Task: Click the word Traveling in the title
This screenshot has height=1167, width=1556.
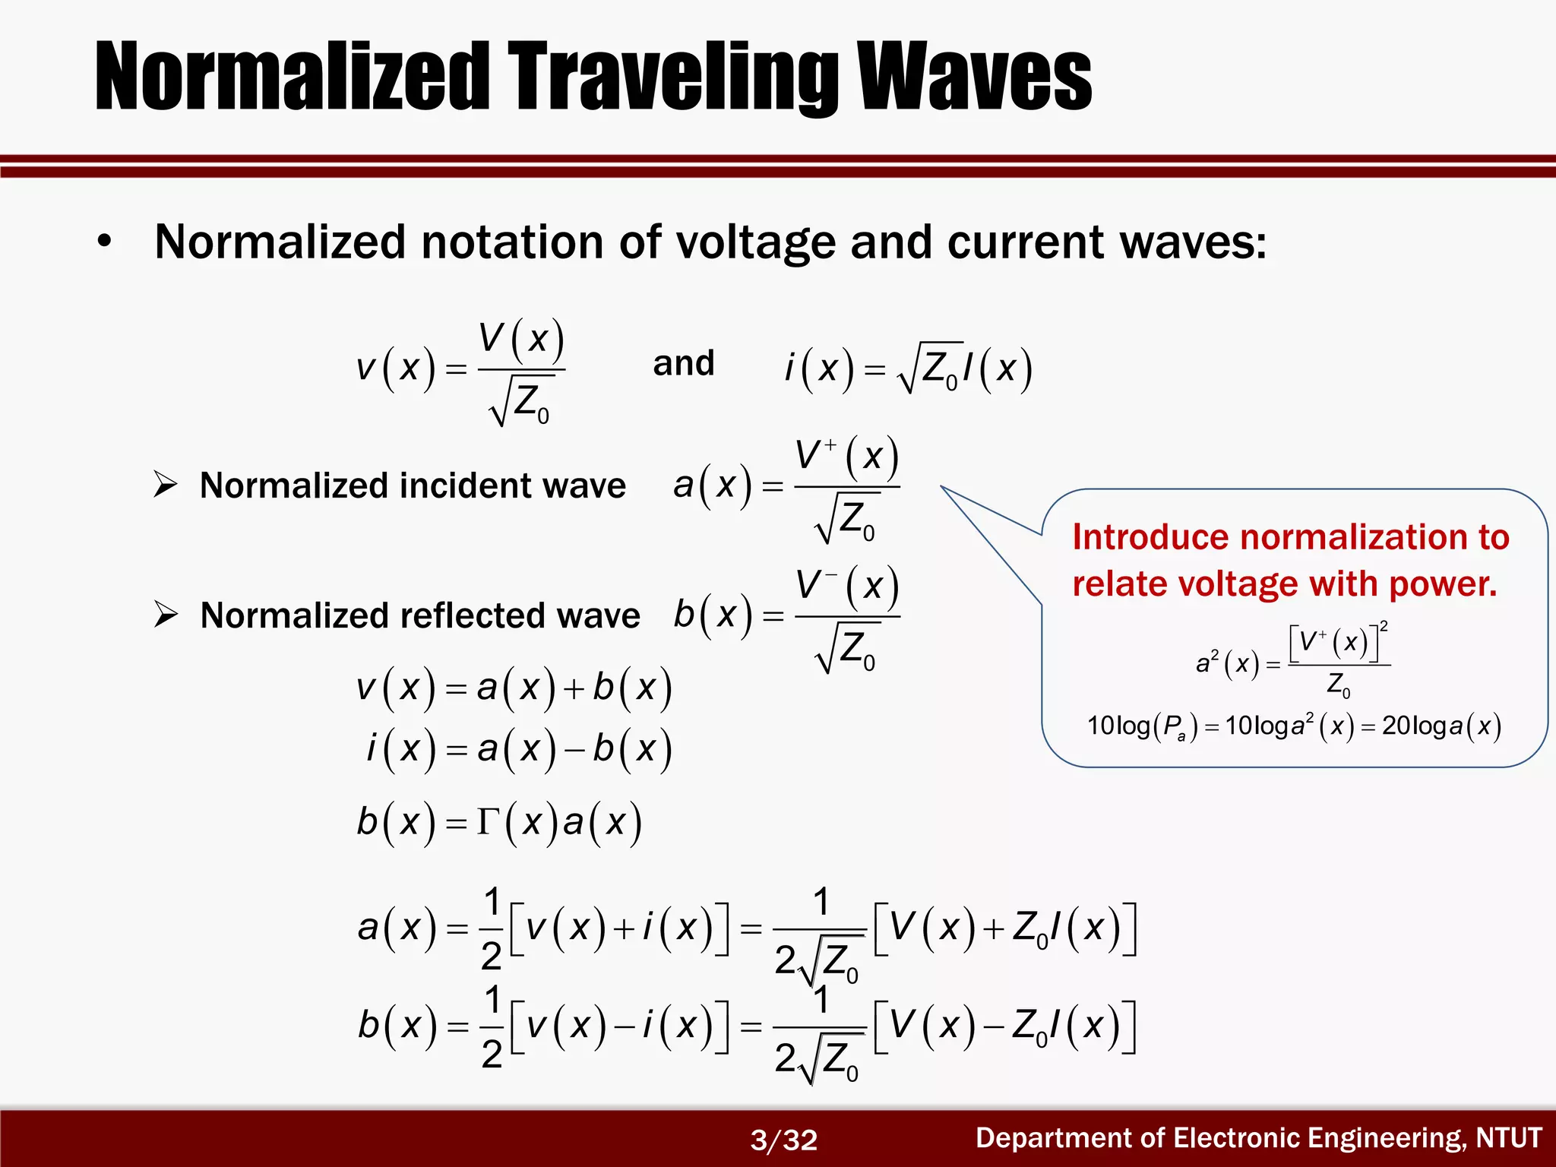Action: [673, 77]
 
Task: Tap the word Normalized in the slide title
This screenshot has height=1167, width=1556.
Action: [293, 77]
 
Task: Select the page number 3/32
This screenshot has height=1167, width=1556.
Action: [783, 1140]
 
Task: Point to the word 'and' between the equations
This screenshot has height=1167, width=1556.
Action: [684, 363]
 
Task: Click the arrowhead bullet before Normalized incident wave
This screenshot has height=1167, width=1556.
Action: [165, 484]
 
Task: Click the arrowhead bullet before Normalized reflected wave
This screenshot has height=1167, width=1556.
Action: [165, 614]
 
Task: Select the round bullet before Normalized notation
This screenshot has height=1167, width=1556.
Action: [105, 242]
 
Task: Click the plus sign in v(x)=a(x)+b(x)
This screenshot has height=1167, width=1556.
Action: [574, 689]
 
